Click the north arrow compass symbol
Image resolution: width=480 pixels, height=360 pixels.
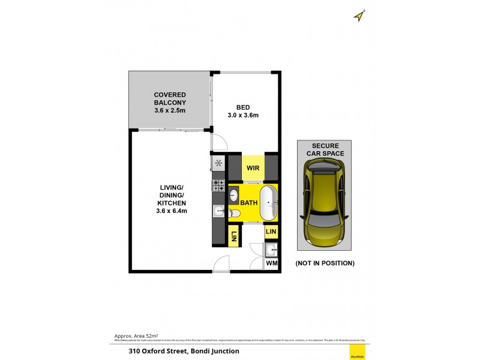coord(360,16)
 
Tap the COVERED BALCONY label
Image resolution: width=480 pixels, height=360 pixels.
coord(170,103)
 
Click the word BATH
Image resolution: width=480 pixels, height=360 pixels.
coord(249,203)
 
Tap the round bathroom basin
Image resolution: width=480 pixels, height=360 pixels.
coord(234,194)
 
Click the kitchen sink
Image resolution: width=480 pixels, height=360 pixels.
coord(218,211)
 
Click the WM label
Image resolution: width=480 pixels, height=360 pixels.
coord(271,263)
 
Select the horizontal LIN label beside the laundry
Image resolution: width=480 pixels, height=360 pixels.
coord(271,231)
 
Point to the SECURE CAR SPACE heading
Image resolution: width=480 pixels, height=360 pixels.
coord(325,149)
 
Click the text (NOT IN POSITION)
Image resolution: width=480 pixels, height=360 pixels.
coord(325,263)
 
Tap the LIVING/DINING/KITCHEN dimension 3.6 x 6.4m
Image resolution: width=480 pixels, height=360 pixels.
coord(172,211)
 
